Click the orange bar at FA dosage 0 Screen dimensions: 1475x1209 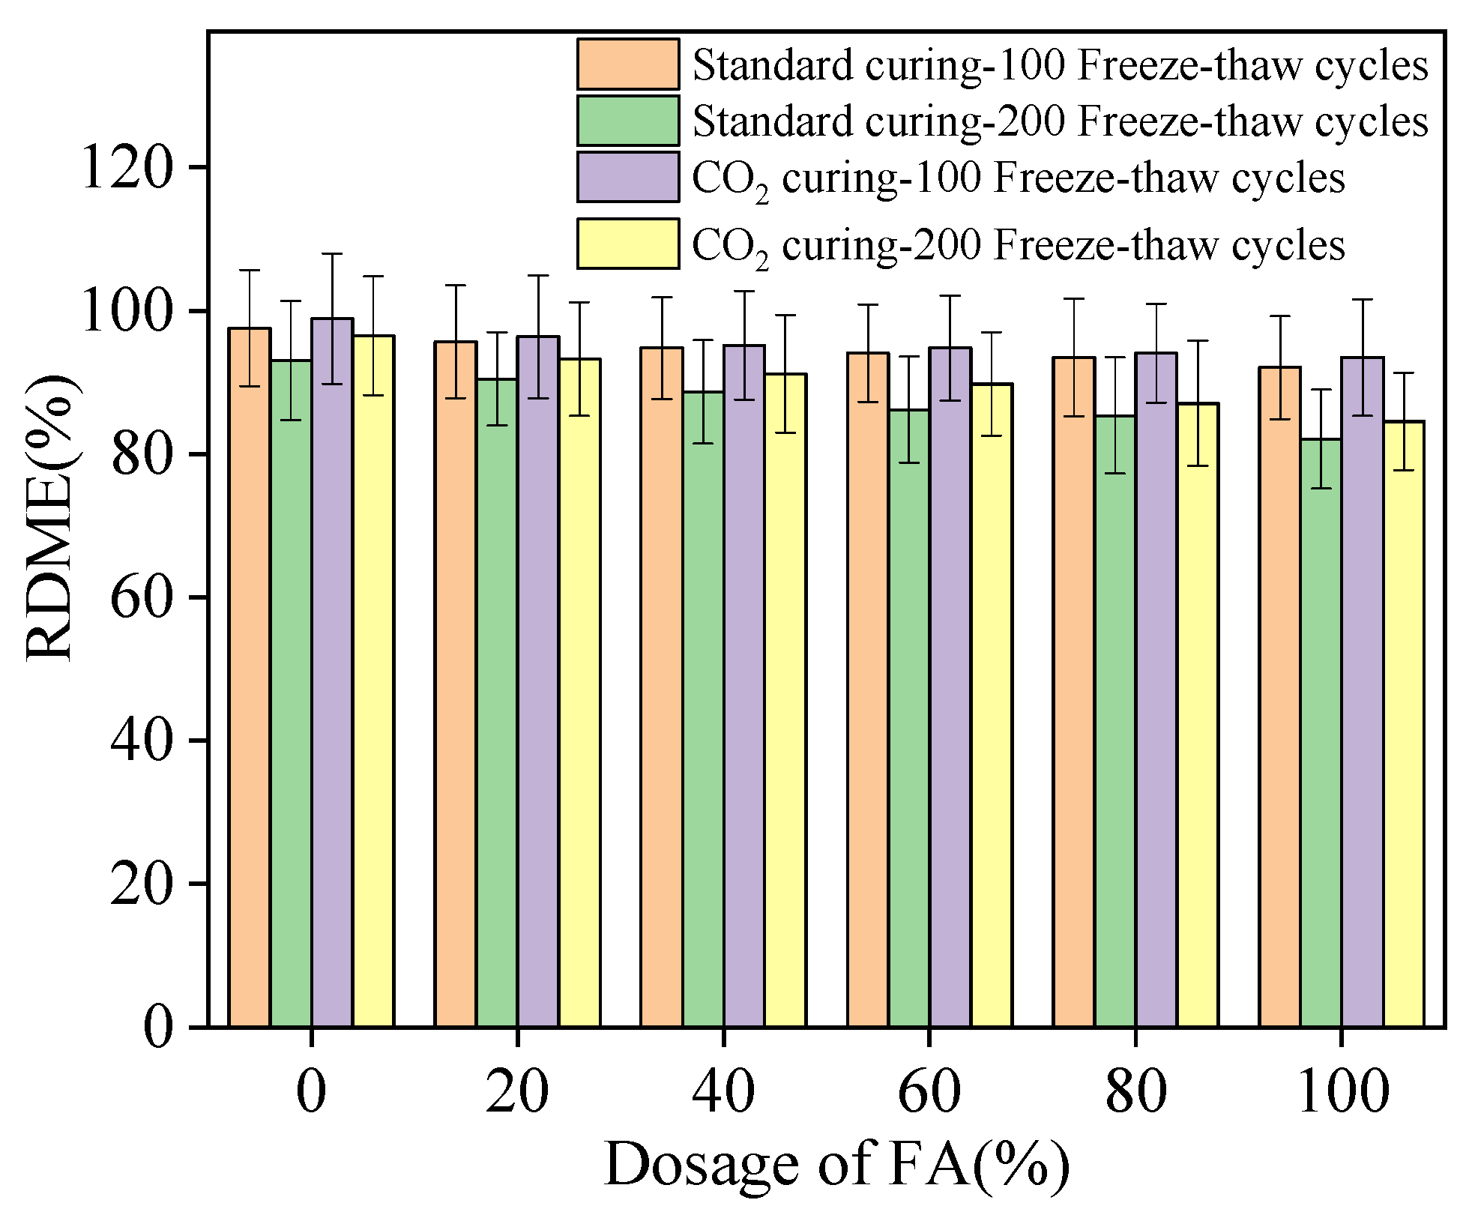pos(250,675)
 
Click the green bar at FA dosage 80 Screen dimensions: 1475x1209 pos(1114,720)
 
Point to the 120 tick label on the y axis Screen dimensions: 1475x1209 pos(127,167)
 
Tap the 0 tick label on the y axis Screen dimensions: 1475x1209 pos(158,1027)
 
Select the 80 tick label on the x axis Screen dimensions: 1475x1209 pos(1135,1092)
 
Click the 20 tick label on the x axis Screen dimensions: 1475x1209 pos(517,1092)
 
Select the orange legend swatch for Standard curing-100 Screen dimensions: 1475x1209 pos(627,64)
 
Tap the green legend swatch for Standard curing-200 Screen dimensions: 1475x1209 pos(627,121)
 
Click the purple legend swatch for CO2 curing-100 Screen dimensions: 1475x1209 pos(627,177)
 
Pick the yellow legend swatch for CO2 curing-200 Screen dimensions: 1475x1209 pos(627,244)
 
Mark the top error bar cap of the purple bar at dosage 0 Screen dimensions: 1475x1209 pos(332,254)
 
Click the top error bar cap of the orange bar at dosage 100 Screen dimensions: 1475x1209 pos(1279,316)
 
